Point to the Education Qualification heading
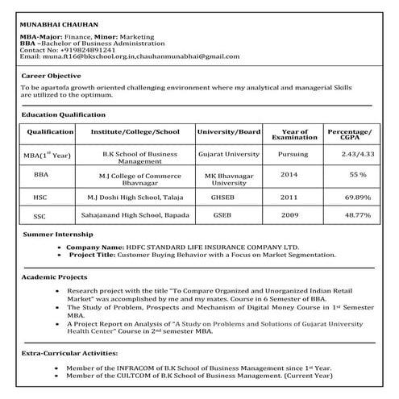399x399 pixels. point(64,114)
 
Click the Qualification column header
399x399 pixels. point(50,131)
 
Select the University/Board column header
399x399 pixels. point(228,131)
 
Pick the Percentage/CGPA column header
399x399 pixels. point(349,134)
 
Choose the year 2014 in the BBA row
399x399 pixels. point(289,174)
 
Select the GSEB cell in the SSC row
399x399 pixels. point(222,216)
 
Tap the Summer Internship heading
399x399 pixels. point(58,235)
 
